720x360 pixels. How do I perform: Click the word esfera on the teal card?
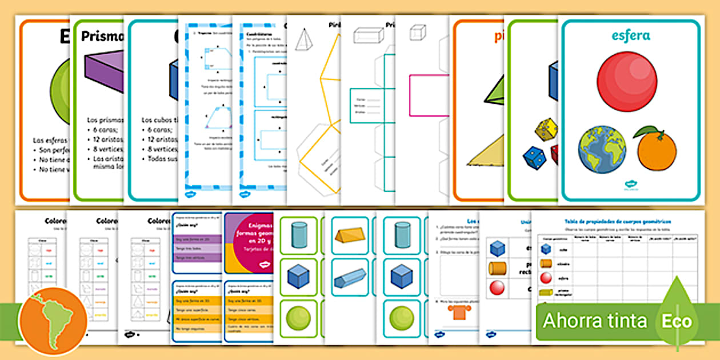coord(630,36)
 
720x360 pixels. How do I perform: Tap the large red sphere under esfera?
coord(627,81)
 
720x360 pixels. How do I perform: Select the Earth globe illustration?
coord(602,150)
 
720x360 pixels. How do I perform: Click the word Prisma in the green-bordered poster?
coord(103,37)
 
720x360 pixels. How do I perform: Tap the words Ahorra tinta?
coord(595,321)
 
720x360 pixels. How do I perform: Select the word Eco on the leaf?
coord(677,321)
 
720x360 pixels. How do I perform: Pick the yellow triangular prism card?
coord(350,235)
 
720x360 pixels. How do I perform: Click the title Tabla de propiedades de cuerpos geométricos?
coord(618,221)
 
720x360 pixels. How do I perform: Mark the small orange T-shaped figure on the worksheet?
coord(455,311)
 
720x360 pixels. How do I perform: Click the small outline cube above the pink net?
coord(418,32)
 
